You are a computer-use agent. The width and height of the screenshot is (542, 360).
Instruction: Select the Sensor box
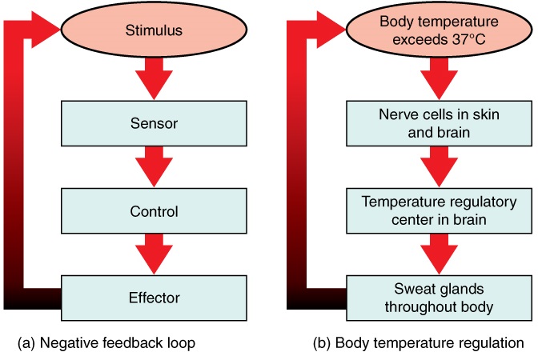pos(154,124)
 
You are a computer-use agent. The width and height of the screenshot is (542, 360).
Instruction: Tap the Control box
pos(154,212)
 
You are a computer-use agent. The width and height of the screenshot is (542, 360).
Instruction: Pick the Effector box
pos(154,298)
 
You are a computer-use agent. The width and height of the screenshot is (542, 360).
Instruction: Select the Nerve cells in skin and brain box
pos(439,124)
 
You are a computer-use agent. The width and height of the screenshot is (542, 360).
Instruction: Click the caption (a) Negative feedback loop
pos(106,343)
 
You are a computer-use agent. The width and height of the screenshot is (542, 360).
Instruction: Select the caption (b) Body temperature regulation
pos(418,343)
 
